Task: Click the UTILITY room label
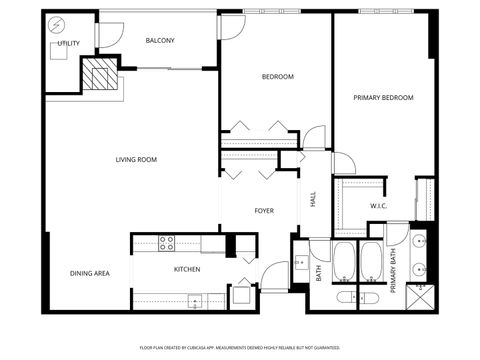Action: [68, 44]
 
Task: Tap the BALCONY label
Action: [160, 41]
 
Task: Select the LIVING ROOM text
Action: [137, 159]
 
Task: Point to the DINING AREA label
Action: [89, 273]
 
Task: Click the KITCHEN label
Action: [188, 269]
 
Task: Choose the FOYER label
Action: [264, 211]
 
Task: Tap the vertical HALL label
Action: [313, 200]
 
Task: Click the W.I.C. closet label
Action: [378, 207]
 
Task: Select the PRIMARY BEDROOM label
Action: [383, 98]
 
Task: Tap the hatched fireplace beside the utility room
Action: [99, 76]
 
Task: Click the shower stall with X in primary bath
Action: [420, 289]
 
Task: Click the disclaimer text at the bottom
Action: [239, 347]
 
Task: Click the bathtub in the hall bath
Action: [344, 262]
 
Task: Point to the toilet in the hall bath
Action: [345, 297]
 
